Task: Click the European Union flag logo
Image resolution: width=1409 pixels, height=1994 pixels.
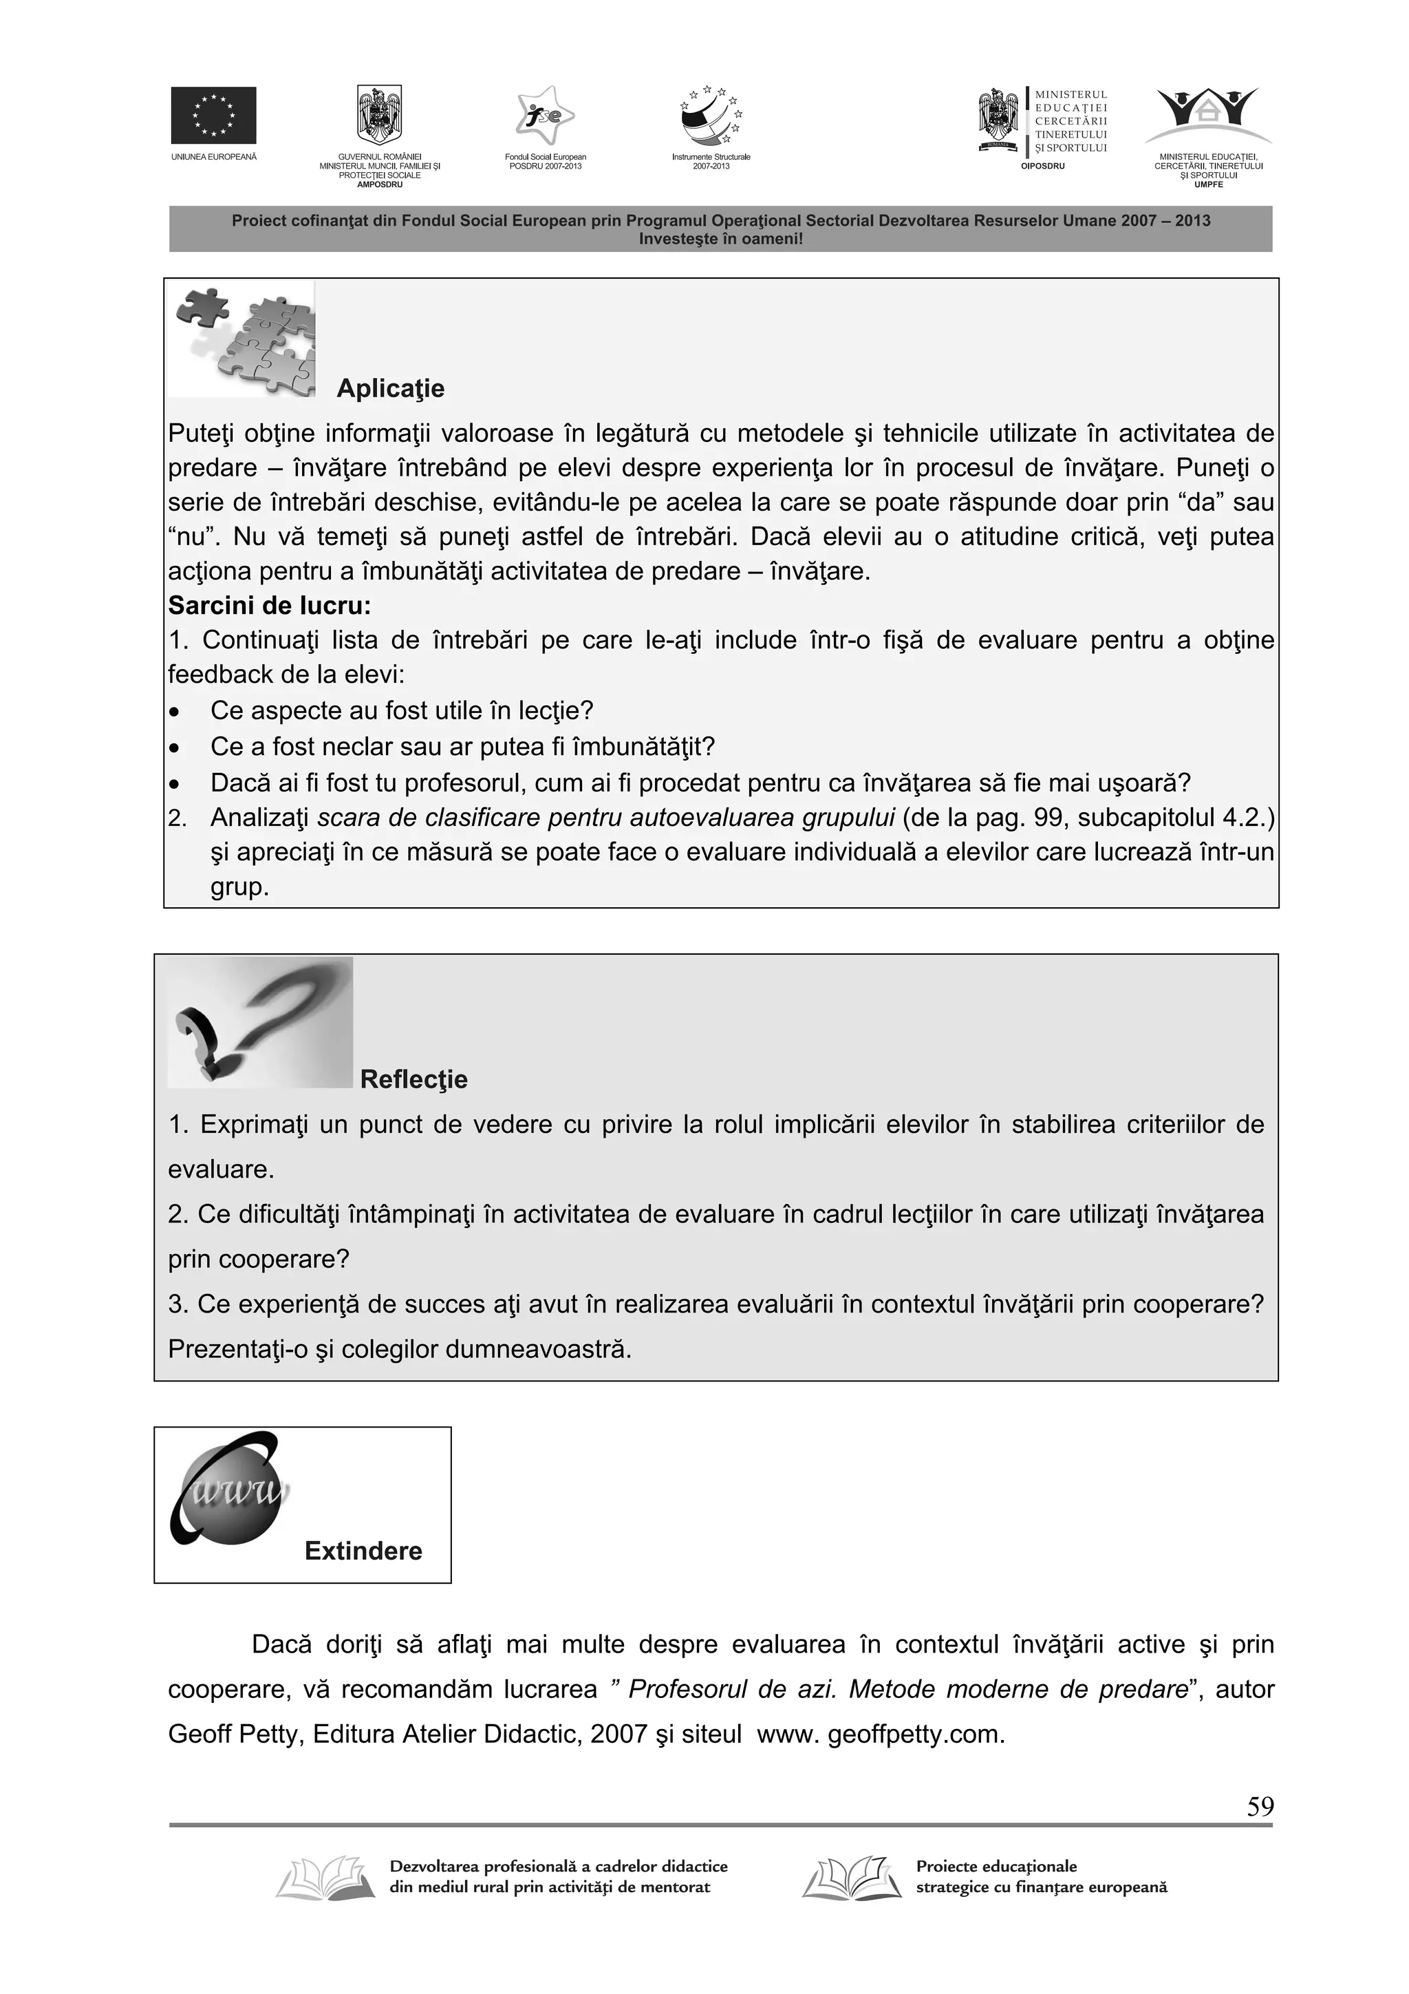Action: pos(213,115)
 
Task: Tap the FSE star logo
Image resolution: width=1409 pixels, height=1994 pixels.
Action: pos(544,116)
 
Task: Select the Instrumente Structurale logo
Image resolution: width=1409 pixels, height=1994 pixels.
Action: pos(711,116)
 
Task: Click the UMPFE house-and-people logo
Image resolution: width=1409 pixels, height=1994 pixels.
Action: pos(1207,116)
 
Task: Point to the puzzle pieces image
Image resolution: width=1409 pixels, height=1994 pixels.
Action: pos(242,339)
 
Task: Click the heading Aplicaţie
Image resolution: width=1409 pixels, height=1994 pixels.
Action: pos(390,388)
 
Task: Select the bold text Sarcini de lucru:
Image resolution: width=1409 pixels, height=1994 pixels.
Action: pos(269,605)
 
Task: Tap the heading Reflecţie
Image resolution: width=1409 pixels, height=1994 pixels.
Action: pos(413,1079)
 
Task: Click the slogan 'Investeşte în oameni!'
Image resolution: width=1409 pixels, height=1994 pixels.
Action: pos(720,238)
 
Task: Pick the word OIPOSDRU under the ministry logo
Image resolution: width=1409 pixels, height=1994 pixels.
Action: pos(1042,166)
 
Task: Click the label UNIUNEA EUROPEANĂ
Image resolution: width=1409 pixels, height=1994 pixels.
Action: pos(213,157)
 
